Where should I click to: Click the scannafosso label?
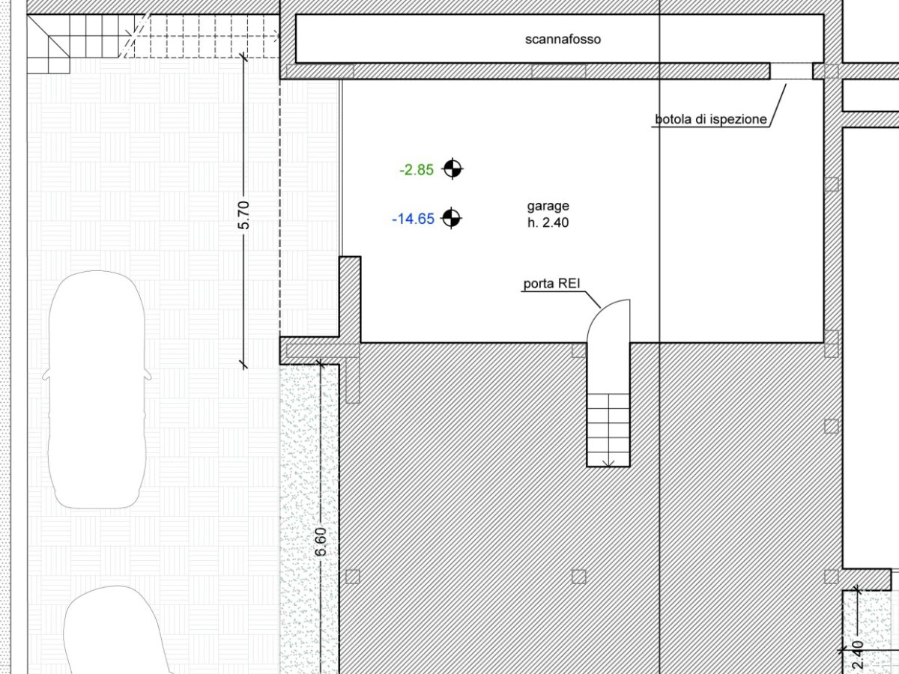pyautogui.click(x=563, y=39)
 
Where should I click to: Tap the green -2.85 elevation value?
pyautogui.click(x=417, y=169)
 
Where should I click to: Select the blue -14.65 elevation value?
pyautogui.click(x=413, y=219)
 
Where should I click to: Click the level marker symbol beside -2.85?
pyautogui.click(x=452, y=168)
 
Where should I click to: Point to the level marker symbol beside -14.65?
pyautogui.click(x=451, y=218)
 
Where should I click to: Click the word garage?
pyautogui.click(x=548, y=206)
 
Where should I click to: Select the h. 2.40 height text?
pyautogui.click(x=548, y=222)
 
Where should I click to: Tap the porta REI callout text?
pyautogui.click(x=551, y=283)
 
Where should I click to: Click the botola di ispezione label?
pyautogui.click(x=711, y=119)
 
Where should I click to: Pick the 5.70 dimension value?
pyautogui.click(x=243, y=215)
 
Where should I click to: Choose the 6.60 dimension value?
pyautogui.click(x=321, y=541)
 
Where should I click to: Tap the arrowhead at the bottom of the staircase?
pyautogui.click(x=608, y=463)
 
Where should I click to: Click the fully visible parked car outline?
pyautogui.click(x=97, y=389)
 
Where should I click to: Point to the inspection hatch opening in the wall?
pyautogui.click(x=791, y=71)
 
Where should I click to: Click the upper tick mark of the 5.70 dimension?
pyautogui.click(x=243, y=57)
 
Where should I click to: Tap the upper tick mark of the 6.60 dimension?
pyautogui.click(x=321, y=363)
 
